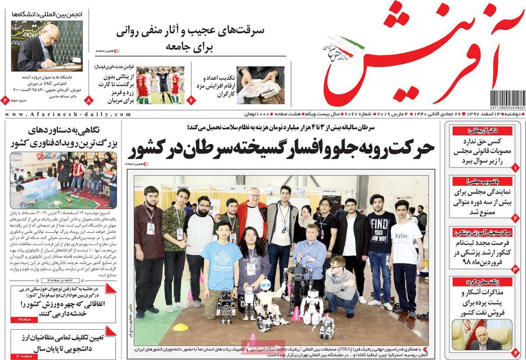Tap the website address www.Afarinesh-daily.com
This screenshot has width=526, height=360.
[68, 114]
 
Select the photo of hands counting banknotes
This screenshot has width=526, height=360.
[260, 85]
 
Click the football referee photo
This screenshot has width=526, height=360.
[160, 85]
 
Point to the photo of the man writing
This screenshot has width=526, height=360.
[46, 46]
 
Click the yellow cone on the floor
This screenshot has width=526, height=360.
[180, 327]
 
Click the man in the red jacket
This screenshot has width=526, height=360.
[252, 219]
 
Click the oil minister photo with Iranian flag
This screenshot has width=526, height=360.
[482, 335]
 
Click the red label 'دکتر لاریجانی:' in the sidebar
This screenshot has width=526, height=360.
[482, 131]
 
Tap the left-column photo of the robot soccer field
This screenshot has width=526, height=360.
[64, 180]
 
